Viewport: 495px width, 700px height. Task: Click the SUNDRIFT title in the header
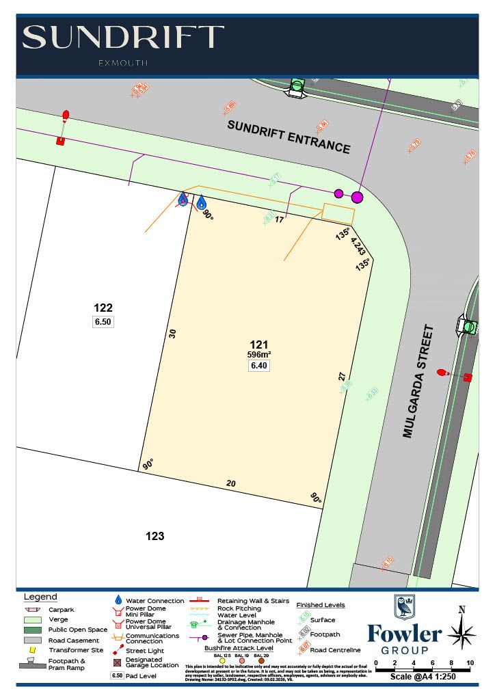[x=123, y=38]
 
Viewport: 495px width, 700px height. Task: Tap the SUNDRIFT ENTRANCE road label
[x=289, y=137]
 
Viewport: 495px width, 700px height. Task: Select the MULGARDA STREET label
[x=419, y=381]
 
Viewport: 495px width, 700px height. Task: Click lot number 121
[x=258, y=345]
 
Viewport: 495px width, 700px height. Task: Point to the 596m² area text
[x=259, y=354]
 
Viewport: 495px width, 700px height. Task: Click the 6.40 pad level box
[x=259, y=366]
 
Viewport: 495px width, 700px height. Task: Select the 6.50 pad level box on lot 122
[x=103, y=321]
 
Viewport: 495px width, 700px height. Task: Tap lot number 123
[x=155, y=536]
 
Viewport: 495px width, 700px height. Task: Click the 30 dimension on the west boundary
[x=172, y=334]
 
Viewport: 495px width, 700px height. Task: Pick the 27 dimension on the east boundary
[x=342, y=376]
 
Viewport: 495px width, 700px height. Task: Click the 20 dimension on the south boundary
[x=231, y=483]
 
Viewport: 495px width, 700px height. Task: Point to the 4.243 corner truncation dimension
[x=358, y=246]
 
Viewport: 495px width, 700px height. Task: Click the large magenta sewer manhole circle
[x=357, y=198]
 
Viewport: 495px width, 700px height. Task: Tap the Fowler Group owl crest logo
[x=404, y=607]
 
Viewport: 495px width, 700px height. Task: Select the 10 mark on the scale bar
[x=470, y=663]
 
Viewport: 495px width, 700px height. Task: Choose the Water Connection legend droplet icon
[x=118, y=600]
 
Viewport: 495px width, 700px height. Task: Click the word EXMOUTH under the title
[x=123, y=63]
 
